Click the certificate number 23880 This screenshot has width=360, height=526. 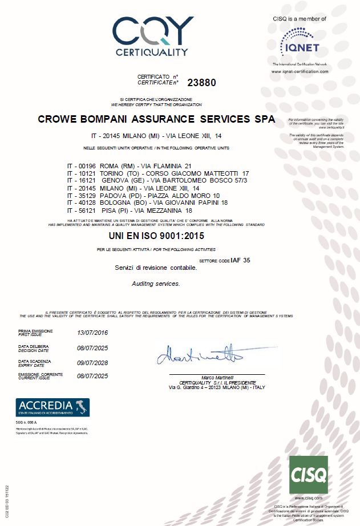(x=202, y=82)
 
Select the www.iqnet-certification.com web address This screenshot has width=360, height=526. (x=300, y=71)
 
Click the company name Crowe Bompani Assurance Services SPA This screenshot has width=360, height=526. (x=156, y=120)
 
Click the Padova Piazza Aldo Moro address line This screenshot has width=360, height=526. (x=147, y=196)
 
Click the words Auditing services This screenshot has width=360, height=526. (x=156, y=283)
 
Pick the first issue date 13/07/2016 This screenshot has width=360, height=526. (x=92, y=333)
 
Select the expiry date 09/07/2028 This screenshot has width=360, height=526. (x=92, y=362)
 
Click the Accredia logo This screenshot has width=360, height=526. (x=52, y=407)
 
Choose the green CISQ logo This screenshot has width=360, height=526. (x=309, y=475)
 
